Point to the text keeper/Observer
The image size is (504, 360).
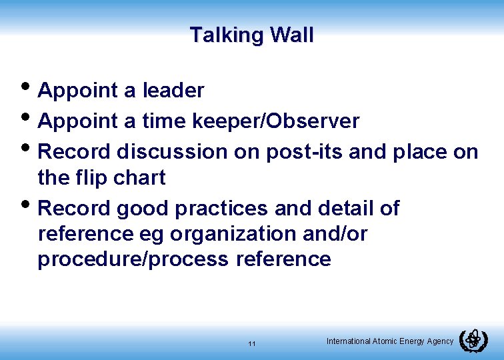[x=276, y=121]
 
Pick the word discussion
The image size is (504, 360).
[x=172, y=152]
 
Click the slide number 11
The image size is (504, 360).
[x=251, y=344]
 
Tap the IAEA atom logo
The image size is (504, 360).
[x=473, y=340]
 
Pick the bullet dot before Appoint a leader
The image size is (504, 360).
[x=27, y=88]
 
